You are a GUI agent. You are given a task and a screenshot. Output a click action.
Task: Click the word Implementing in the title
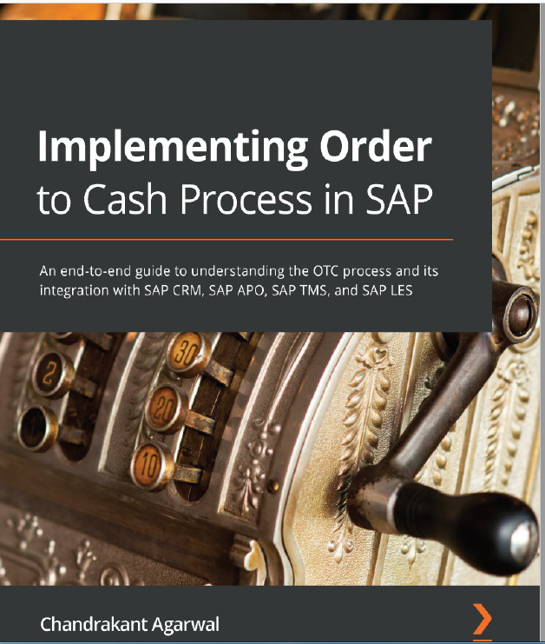tap(173, 149)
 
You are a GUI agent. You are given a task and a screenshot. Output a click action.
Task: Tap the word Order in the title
tap(376, 146)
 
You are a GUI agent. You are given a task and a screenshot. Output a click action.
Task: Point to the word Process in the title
tap(246, 199)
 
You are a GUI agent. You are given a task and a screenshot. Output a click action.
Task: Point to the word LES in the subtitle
tap(401, 290)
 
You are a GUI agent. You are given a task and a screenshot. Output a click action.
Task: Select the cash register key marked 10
tap(151, 466)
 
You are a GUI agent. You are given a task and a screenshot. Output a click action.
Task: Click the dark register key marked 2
tap(53, 375)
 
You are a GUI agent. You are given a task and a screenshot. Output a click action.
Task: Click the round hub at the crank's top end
tap(521, 309)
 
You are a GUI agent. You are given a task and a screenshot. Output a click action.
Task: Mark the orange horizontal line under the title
tap(227, 239)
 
